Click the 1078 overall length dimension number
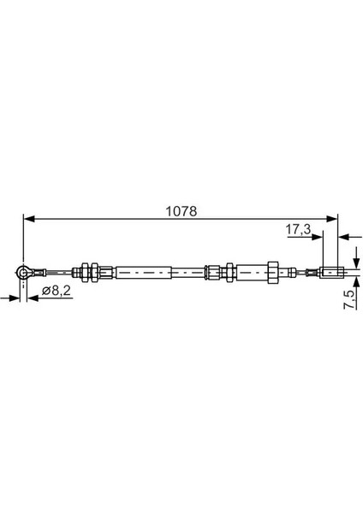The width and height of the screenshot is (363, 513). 181,211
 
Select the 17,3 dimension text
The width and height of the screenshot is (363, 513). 298,229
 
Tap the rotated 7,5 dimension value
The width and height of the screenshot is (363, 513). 349,299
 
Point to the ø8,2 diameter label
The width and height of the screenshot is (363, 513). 57,290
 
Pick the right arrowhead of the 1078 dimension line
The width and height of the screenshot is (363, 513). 331,219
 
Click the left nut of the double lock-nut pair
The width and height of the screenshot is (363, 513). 85,272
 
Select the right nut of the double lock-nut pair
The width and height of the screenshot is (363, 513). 94,272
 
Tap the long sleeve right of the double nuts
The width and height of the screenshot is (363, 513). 144,273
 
